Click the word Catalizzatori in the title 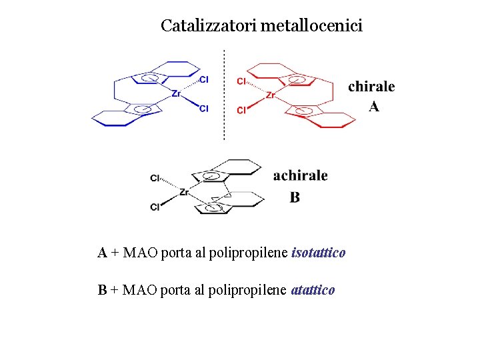tap(209, 26)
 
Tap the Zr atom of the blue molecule tap(176, 94)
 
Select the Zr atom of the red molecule tap(271, 95)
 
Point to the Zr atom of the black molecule tap(185, 192)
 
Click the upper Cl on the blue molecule tap(204, 79)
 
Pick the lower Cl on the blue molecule tap(204, 108)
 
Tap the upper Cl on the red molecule tap(241, 81)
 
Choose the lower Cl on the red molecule tap(241, 110)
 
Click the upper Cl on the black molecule tap(155, 178)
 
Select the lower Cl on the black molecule tap(155, 207)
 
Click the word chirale tap(371, 87)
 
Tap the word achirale tap(300, 176)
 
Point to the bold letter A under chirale tap(374, 107)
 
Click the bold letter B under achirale tap(295, 197)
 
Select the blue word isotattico tap(319, 253)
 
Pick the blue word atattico tap(313, 290)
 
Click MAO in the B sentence tap(137, 290)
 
